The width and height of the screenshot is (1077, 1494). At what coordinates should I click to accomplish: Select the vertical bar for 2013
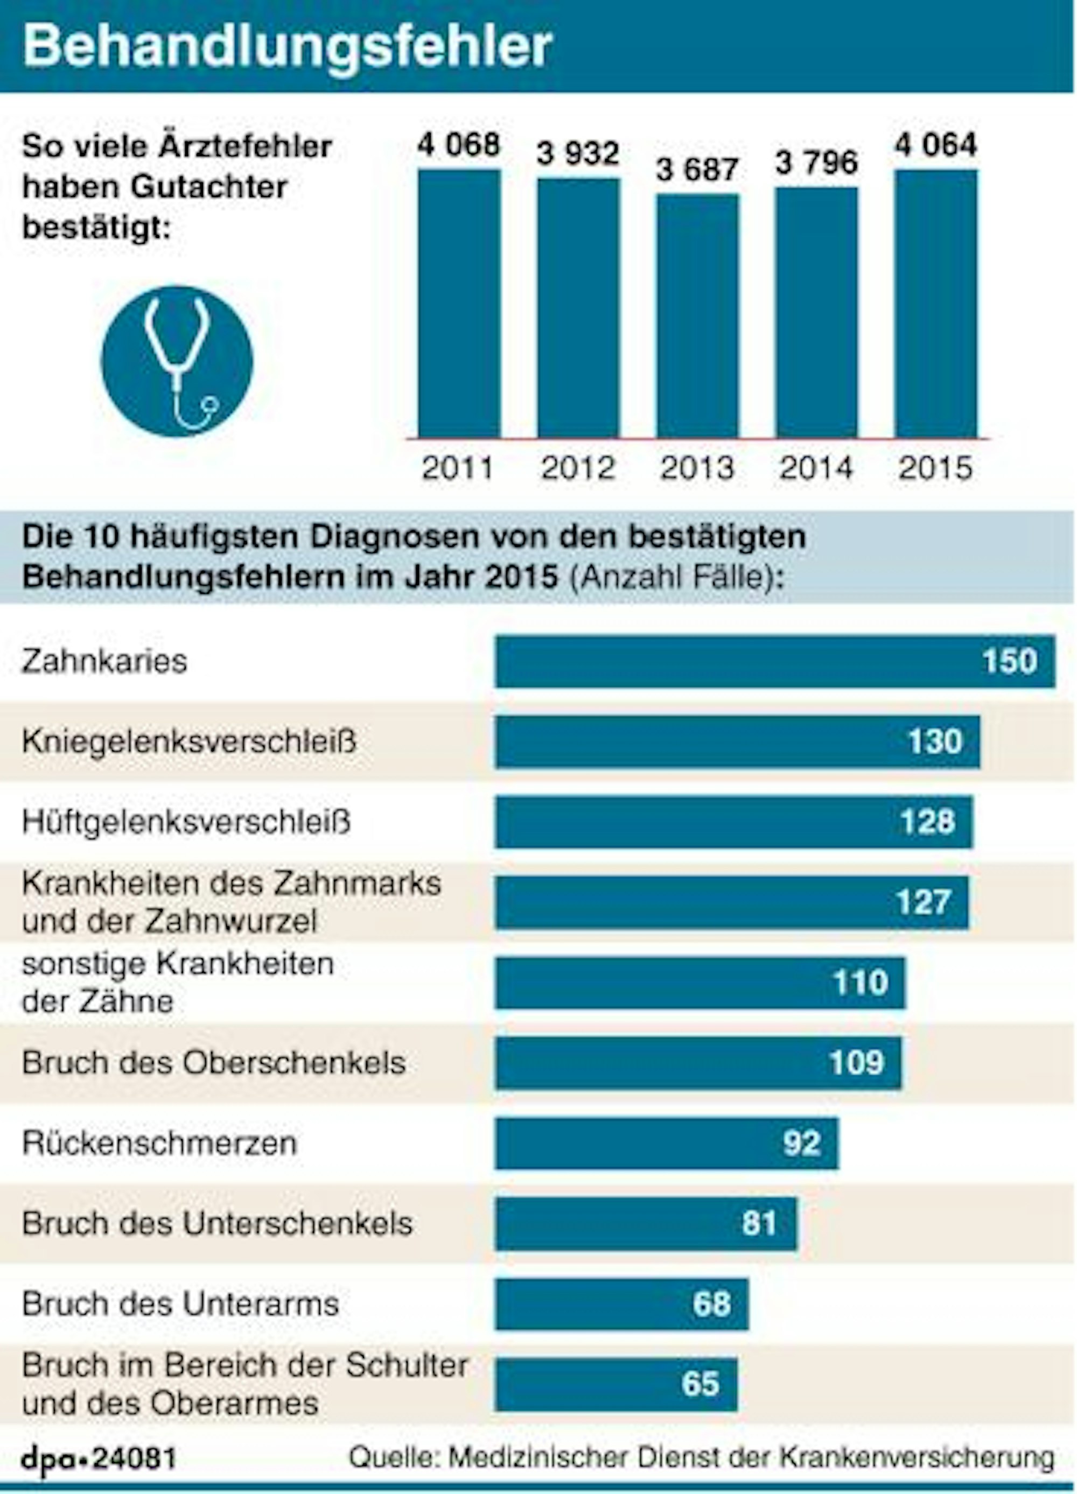pyautogui.click(x=697, y=316)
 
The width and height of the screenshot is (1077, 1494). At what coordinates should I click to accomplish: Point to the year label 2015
pyautogui.click(x=935, y=468)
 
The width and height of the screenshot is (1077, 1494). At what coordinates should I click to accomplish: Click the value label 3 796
pyautogui.click(x=816, y=162)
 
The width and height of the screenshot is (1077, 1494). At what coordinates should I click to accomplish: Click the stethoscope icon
pyautogui.click(x=177, y=361)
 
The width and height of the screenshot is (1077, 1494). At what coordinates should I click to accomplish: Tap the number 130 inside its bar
pyautogui.click(x=935, y=742)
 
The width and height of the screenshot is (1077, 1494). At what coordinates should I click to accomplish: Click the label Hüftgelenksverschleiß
pyautogui.click(x=186, y=822)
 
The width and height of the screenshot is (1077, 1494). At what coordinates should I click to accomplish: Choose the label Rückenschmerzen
pyautogui.click(x=159, y=1143)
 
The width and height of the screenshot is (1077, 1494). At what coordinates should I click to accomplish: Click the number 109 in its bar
pyautogui.click(x=856, y=1063)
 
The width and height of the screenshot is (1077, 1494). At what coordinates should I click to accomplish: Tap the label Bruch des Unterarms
pyautogui.click(x=180, y=1304)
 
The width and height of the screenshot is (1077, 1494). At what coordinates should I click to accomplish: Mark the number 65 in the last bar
pyautogui.click(x=700, y=1384)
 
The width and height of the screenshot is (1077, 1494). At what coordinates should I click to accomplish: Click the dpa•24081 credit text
pyautogui.click(x=99, y=1458)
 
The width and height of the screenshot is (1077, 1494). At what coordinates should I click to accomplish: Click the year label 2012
pyautogui.click(x=578, y=468)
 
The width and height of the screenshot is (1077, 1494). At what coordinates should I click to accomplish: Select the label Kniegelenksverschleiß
pyautogui.click(x=188, y=742)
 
